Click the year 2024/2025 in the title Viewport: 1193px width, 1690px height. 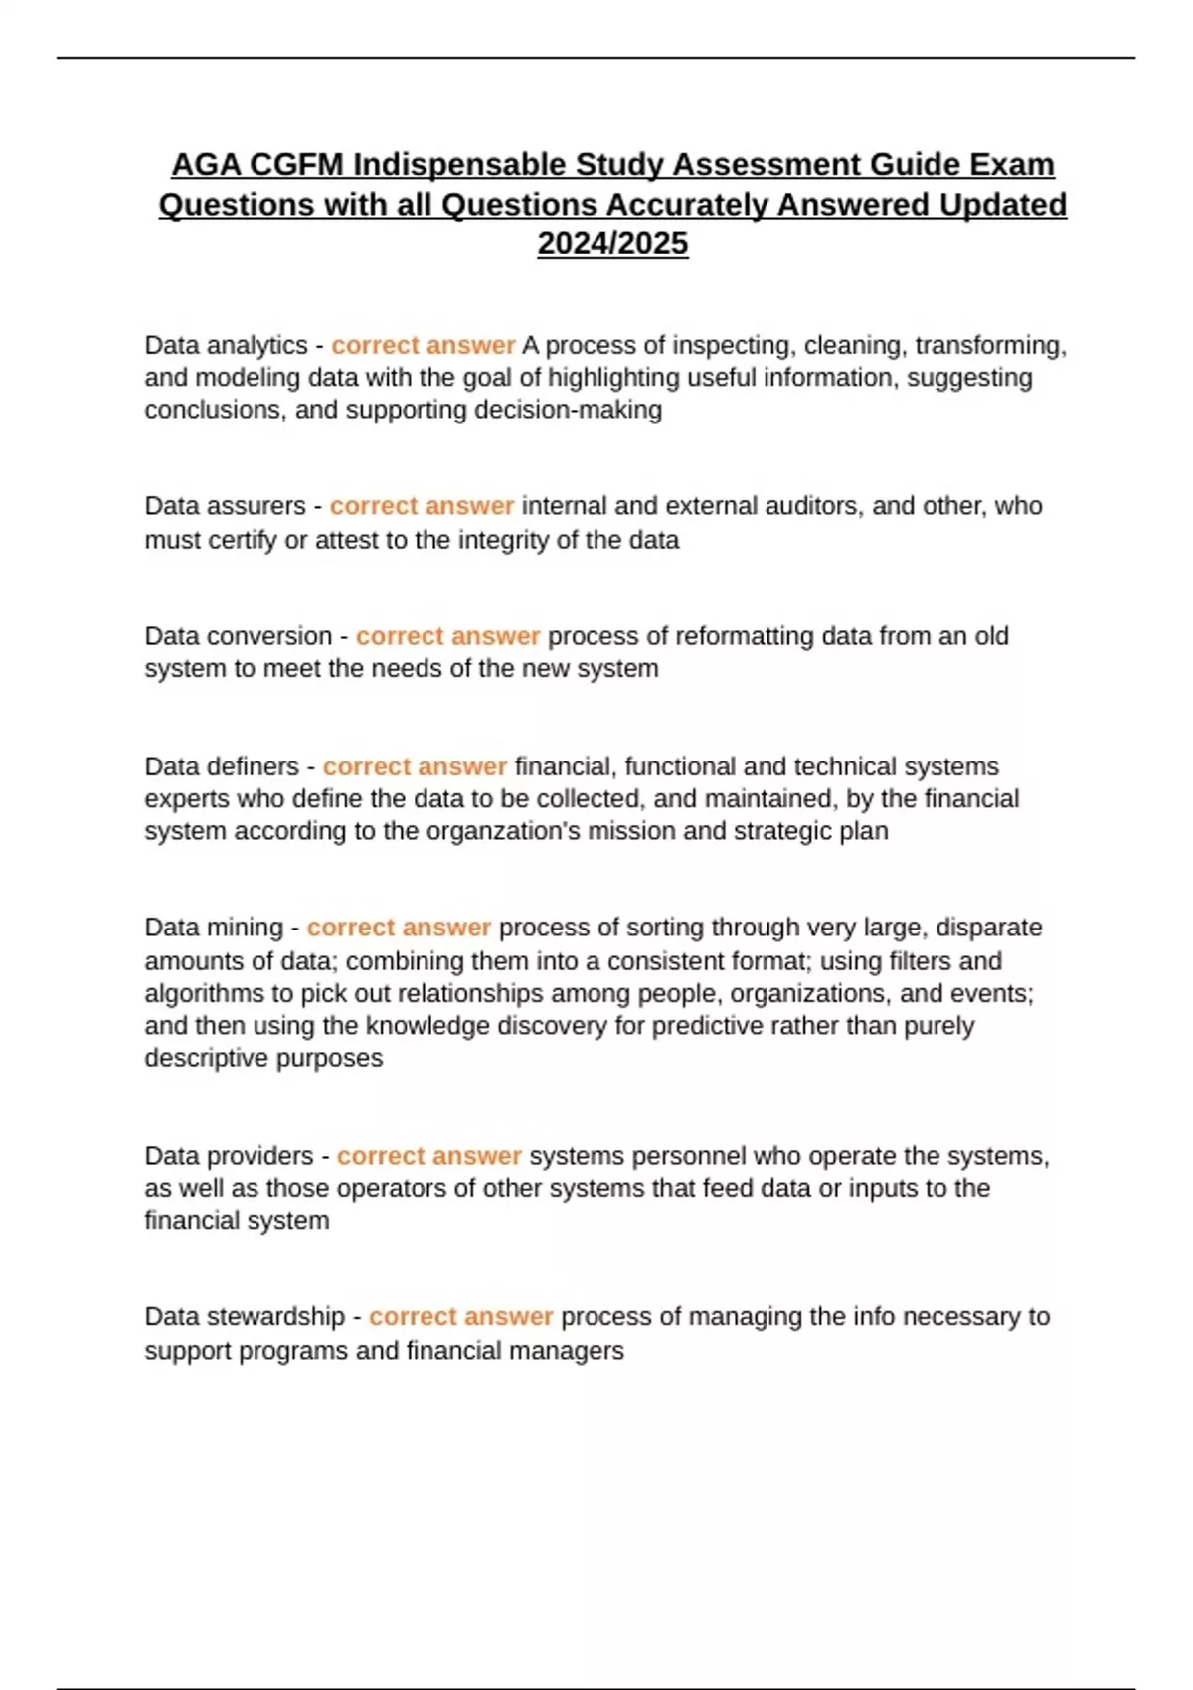coord(612,244)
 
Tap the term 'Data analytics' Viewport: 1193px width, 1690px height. coord(226,345)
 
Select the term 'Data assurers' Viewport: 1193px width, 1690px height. coord(225,506)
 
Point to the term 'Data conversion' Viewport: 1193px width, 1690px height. coord(238,636)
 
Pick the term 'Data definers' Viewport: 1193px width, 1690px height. coord(221,766)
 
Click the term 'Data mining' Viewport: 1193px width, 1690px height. coord(214,928)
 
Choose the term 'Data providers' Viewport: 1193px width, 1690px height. coord(229,1156)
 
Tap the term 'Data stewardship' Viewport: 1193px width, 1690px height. coord(245,1316)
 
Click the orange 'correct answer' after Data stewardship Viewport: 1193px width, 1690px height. coord(460,1316)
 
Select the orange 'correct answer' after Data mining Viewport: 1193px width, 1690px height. coord(399,928)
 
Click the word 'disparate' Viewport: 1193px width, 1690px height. coord(989,928)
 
